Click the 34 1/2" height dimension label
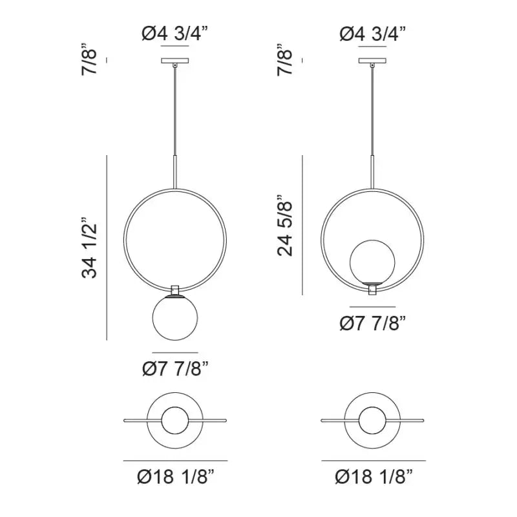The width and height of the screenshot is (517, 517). [89, 248]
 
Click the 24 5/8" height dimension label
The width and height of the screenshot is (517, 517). [285, 226]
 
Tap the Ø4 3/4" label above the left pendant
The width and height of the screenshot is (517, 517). [175, 34]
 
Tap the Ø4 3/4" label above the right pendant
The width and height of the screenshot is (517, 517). [373, 34]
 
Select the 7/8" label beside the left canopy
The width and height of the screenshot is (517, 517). [89, 59]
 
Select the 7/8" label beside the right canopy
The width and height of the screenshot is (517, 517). [285, 59]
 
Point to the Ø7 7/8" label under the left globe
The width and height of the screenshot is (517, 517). [175, 368]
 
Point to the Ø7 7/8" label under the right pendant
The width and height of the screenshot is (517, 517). [373, 322]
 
